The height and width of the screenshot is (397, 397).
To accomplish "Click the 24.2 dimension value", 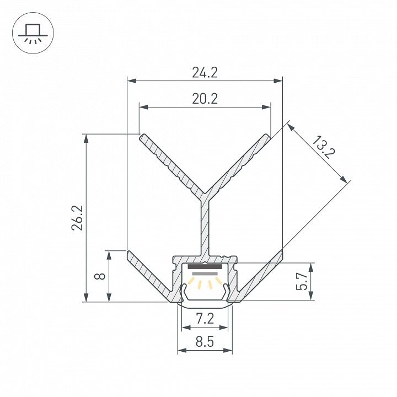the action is (x=205, y=73).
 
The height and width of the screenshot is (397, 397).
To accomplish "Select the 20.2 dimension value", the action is (x=205, y=99).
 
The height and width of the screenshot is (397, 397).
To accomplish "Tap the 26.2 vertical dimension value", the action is (x=77, y=218).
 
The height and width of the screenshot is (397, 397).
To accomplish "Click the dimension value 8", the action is (x=100, y=276).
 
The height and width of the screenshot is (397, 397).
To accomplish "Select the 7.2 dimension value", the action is (x=205, y=319).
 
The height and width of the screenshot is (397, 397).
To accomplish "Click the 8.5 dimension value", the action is (x=205, y=342).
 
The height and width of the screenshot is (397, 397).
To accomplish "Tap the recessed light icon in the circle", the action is (x=33, y=34).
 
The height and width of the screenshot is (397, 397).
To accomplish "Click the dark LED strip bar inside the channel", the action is (x=205, y=267).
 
